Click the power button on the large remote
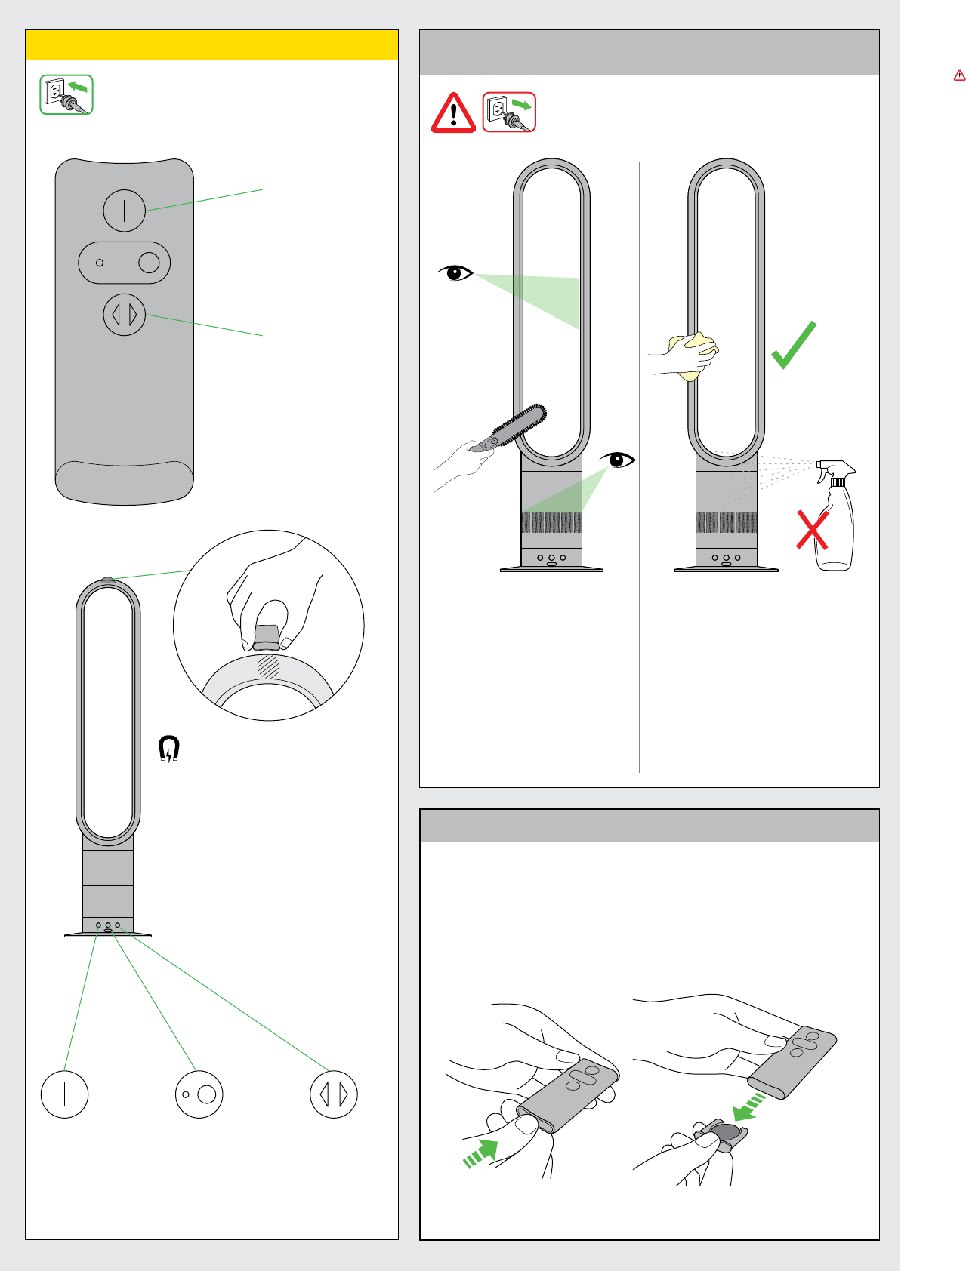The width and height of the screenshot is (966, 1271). [x=125, y=211]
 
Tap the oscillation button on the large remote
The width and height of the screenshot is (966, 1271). [x=125, y=315]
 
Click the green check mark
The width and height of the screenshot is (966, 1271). [x=794, y=346]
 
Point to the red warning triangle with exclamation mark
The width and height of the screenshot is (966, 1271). [x=453, y=113]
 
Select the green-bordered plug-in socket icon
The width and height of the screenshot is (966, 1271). [x=66, y=94]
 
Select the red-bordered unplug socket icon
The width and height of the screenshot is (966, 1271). [x=509, y=112]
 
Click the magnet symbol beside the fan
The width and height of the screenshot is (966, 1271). [x=169, y=749]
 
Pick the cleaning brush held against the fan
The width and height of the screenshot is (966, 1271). [x=514, y=426]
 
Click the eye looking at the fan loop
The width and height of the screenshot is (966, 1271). [x=455, y=272]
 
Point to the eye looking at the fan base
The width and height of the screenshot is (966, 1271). [x=619, y=459]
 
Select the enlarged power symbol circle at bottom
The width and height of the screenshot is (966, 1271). [x=65, y=1094]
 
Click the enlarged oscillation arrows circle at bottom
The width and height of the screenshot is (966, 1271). [x=334, y=1094]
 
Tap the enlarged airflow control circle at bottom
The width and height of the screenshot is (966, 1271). [x=199, y=1094]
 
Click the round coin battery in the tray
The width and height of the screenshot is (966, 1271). [x=727, y=1132]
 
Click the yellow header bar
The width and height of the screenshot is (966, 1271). [x=211, y=45]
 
